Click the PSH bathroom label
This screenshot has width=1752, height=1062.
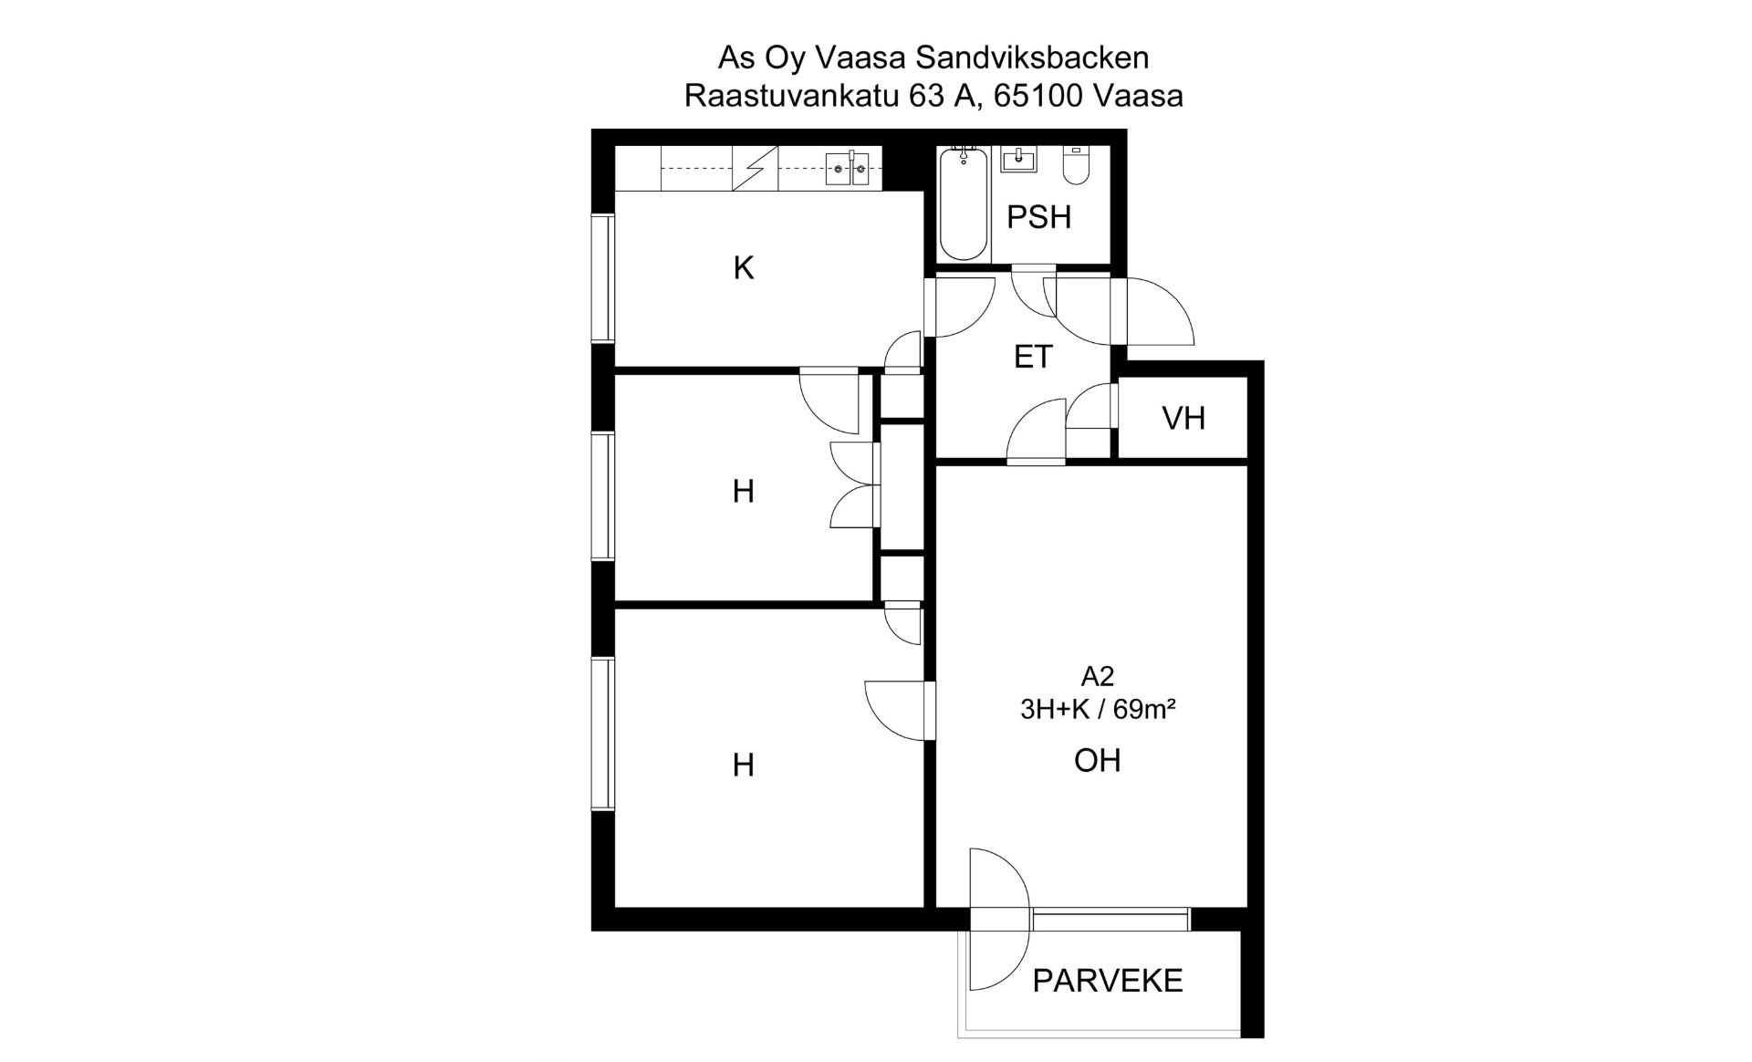[1038, 217]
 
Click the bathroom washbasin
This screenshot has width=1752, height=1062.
[1018, 161]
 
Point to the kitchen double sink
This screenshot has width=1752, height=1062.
[848, 169]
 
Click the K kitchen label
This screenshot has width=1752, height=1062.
[744, 268]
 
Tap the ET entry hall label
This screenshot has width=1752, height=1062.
[1033, 357]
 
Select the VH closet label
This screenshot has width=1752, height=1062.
[1184, 418]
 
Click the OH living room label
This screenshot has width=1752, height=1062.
[1097, 760]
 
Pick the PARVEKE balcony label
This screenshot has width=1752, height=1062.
[1108, 981]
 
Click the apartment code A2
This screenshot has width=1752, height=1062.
[1098, 676]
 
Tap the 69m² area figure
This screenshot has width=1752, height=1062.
[1144, 709]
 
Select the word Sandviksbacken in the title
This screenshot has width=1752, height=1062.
[1032, 57]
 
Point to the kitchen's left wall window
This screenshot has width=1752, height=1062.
[601, 278]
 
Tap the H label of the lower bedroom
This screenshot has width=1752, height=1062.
[744, 765]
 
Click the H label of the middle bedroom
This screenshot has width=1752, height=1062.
[744, 492]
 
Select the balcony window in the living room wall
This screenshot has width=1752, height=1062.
[1111, 920]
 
